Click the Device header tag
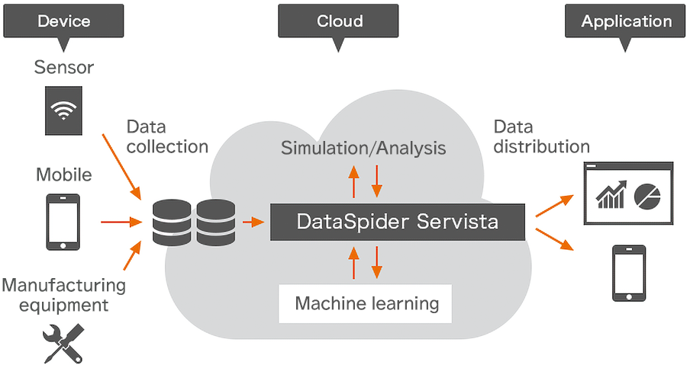(x=64, y=21)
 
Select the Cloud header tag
(x=340, y=21)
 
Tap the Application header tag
(x=627, y=21)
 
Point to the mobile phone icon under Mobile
(x=63, y=222)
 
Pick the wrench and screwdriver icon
(x=64, y=342)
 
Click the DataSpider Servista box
(x=397, y=222)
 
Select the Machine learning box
(x=366, y=304)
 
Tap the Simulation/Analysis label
(x=363, y=147)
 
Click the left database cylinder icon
(x=172, y=222)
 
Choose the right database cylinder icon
(x=216, y=222)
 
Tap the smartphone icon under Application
(x=628, y=273)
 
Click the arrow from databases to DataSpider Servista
(x=253, y=222)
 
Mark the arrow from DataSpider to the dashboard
(x=555, y=205)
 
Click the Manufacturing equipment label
(x=63, y=295)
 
